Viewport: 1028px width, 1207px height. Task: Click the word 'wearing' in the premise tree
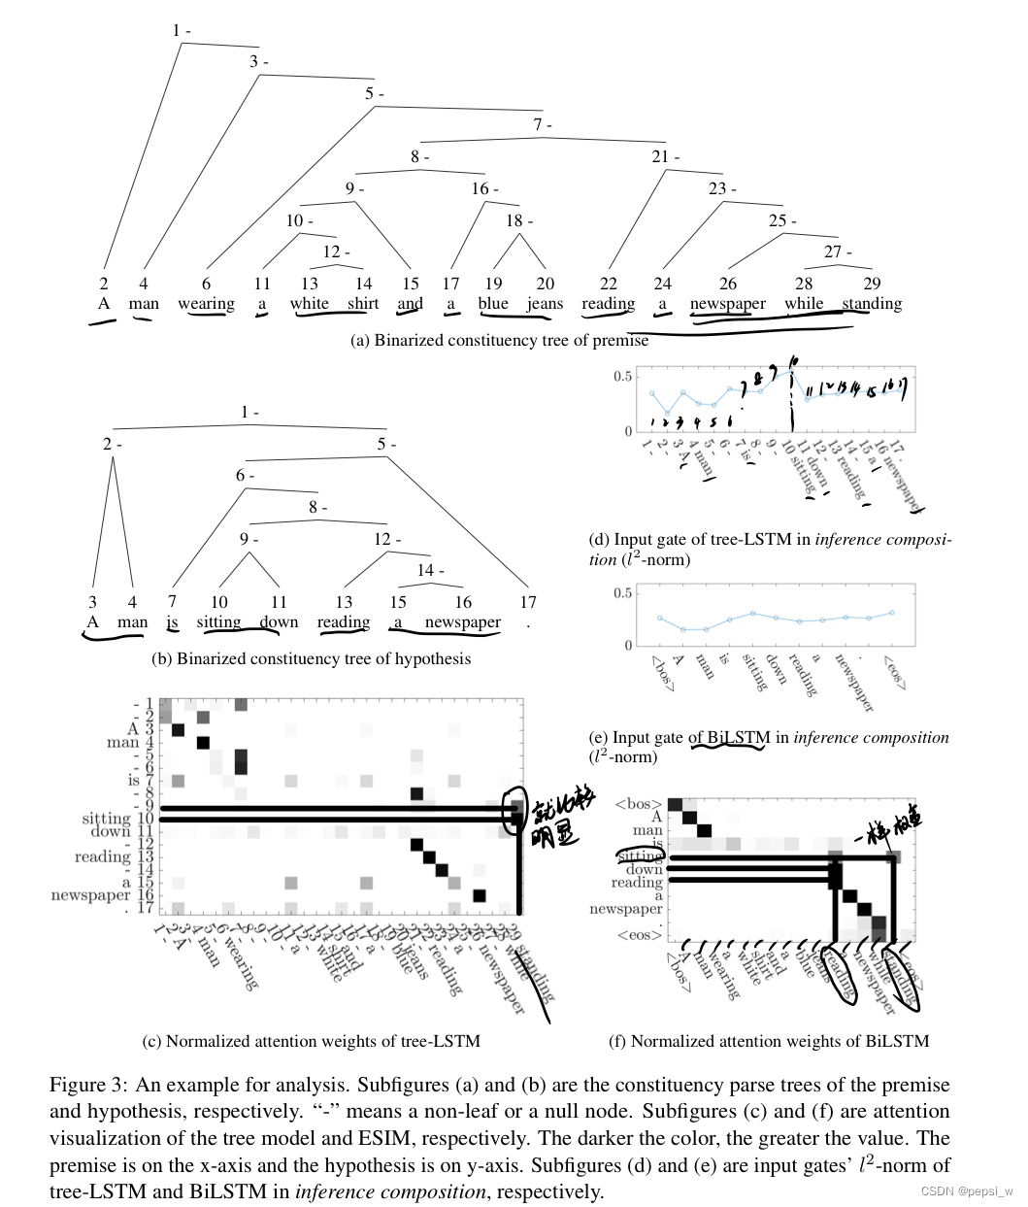pos(206,304)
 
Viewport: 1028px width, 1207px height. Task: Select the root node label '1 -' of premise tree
pos(181,31)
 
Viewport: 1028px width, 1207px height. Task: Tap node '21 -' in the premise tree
pos(665,156)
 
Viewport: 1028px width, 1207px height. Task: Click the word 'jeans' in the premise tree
pos(545,304)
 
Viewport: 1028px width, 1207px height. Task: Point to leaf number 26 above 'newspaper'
pos(728,284)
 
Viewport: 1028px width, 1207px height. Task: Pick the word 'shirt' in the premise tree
pos(363,304)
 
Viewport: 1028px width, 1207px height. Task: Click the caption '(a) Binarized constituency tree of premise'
pos(499,340)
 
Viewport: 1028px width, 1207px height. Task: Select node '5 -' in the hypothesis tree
pos(386,444)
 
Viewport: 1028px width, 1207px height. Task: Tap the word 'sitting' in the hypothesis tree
pos(218,622)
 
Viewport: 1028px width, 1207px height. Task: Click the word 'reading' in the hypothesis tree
pos(344,622)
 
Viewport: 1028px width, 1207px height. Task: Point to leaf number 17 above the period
pos(528,602)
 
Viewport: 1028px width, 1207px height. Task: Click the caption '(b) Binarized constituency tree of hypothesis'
pos(311,658)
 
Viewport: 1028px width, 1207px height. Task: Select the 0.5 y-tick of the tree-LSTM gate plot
pos(622,377)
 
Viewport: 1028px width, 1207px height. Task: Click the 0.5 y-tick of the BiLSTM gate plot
pos(622,593)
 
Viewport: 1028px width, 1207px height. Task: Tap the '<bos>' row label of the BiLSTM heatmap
pos(639,804)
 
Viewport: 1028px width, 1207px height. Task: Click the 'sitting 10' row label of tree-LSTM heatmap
pos(117,819)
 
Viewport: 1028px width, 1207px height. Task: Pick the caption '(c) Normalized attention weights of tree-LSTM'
pos(311,1041)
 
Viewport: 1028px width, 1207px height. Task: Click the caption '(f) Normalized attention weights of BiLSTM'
pos(768,1041)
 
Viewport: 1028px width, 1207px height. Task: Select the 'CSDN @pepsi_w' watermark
pos(966,1191)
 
